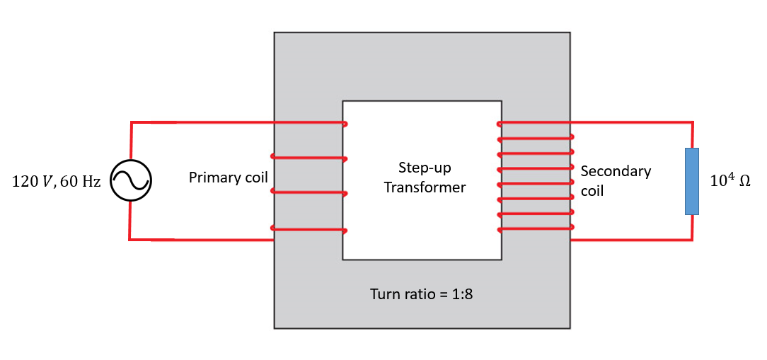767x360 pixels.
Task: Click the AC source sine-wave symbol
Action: [x=131, y=181]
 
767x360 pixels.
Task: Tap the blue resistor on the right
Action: [x=692, y=181]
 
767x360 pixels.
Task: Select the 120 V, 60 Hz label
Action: [x=57, y=182]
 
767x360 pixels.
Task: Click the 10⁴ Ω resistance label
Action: [x=729, y=181]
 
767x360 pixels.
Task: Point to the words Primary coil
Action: [x=228, y=178]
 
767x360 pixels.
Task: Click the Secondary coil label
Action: [x=614, y=180]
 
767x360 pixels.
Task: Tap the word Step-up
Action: [x=425, y=168]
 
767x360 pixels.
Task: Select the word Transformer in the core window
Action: [x=425, y=187]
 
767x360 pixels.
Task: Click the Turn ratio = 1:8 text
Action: [x=421, y=294]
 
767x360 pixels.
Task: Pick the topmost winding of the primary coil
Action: [x=308, y=123]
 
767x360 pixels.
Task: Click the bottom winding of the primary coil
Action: [x=308, y=229]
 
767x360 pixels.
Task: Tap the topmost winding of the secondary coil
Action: [x=535, y=123]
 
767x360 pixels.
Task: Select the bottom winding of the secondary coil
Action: [x=535, y=228]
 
